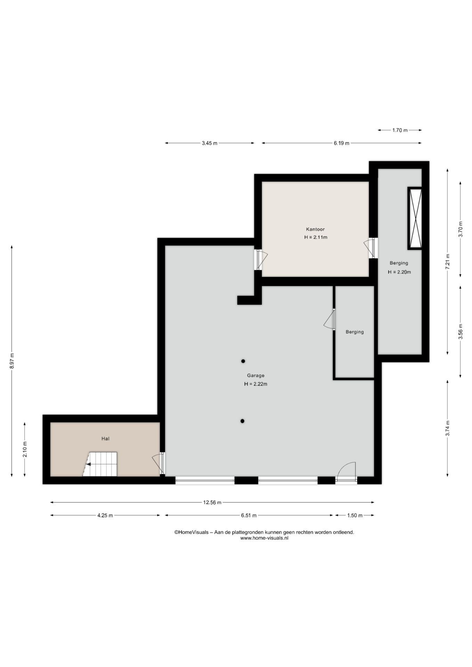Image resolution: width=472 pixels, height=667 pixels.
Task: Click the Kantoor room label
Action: click(315, 229)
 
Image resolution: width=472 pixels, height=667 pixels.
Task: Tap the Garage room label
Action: click(255, 376)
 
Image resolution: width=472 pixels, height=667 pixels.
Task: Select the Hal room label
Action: click(105, 439)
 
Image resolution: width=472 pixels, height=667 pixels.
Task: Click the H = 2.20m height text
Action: click(399, 272)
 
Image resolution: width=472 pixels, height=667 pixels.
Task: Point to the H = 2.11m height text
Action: click(316, 238)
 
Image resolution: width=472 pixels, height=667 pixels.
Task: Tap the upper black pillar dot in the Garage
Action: click(243, 361)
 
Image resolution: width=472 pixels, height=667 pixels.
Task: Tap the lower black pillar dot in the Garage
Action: click(242, 421)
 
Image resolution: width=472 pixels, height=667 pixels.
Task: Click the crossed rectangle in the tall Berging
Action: click(415, 218)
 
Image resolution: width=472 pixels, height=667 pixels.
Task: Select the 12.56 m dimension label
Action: click(212, 502)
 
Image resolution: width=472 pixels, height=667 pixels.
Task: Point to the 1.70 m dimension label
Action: click(400, 130)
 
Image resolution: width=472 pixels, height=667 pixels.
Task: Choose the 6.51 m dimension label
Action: click(249, 516)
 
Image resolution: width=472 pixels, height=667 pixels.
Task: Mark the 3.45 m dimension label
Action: click(209, 143)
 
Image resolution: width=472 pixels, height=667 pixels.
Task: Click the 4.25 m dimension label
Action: click(105, 516)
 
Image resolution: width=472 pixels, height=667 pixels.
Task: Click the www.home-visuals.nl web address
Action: click(264, 538)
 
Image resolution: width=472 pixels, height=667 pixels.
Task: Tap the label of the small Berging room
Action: click(355, 332)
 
